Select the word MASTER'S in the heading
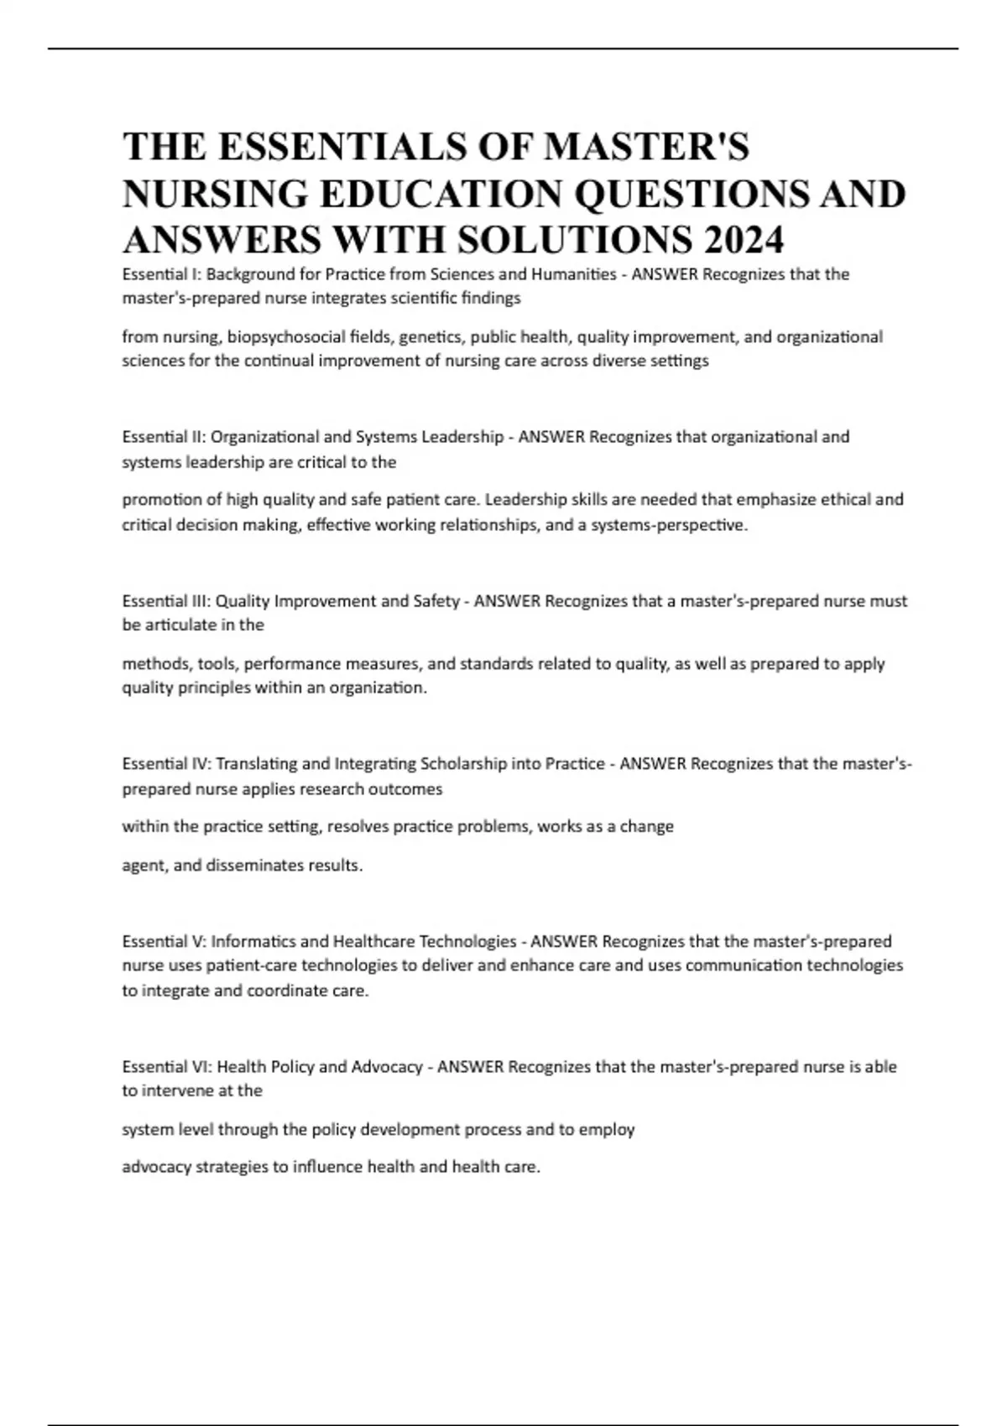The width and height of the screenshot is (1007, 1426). pyautogui.click(x=646, y=147)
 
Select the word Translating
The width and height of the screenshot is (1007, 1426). pyautogui.click(x=257, y=764)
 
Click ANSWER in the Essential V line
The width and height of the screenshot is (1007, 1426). pyautogui.click(x=564, y=941)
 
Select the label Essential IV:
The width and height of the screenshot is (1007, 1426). pyautogui.click(x=167, y=764)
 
